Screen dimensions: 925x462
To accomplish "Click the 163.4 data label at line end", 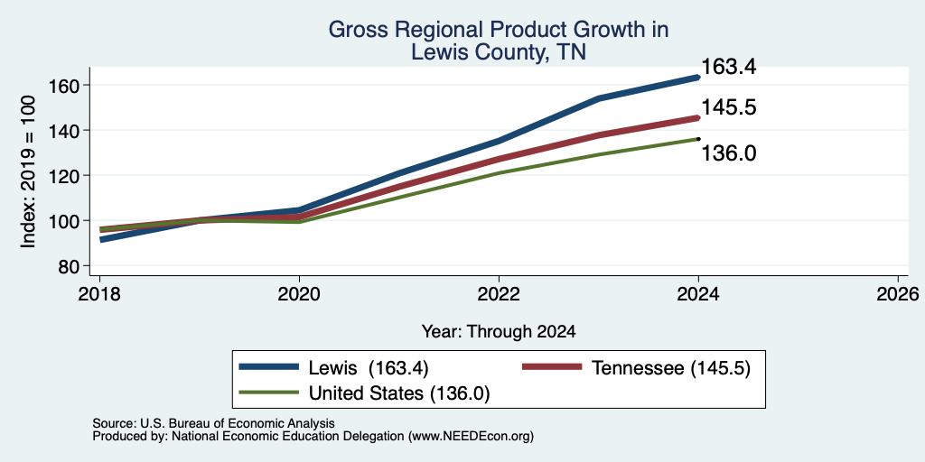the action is point(729,67).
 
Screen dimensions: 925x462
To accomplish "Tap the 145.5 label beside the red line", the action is point(729,108).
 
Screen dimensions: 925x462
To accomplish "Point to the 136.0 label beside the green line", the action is point(729,153).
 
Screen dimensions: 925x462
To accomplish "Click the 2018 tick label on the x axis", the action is point(100,294).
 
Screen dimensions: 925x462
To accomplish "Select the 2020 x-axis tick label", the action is point(299,294).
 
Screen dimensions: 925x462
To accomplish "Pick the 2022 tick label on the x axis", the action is point(499,294).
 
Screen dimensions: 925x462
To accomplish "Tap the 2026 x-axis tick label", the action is point(898,294).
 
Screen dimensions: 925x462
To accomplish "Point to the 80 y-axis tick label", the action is point(69,266).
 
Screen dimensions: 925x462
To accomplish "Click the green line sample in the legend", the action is point(268,392).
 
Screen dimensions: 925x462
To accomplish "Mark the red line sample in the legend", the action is point(553,367).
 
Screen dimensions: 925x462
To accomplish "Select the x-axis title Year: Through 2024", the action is point(499,332).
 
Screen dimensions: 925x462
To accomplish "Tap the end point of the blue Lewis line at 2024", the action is point(698,78).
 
